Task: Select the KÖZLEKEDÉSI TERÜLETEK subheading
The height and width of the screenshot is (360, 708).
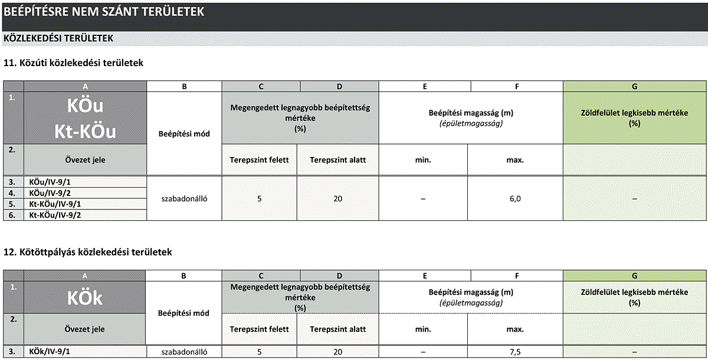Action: point(58,38)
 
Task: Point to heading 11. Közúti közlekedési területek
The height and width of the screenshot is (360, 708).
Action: point(73,62)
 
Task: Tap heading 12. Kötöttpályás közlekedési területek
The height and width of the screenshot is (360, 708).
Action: point(87,252)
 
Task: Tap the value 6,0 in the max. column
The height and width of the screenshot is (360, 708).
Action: point(515,199)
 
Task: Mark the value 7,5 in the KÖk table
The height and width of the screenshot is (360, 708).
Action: point(515,352)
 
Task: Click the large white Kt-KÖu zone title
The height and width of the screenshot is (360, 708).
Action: point(86,131)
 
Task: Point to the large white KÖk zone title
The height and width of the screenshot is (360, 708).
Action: point(85,298)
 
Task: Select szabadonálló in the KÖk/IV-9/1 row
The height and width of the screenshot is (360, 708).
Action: point(184,352)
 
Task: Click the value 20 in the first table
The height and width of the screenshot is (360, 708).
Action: point(337,199)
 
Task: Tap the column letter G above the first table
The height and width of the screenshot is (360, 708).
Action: point(634,86)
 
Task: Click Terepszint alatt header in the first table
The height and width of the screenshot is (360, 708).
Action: point(337,160)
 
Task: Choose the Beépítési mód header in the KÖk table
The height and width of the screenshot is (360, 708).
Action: point(184,313)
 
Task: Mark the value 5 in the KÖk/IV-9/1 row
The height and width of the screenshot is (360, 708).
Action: point(260,352)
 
